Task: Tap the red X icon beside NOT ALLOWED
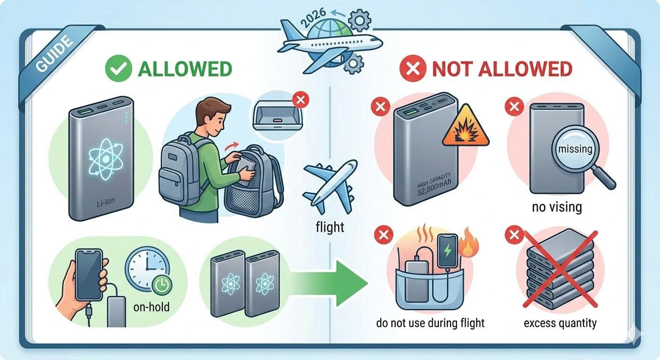413,69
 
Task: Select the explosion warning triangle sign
465,126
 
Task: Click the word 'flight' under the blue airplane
330,228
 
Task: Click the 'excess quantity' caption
560,323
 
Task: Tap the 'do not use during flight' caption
430,323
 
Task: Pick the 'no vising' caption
557,206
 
